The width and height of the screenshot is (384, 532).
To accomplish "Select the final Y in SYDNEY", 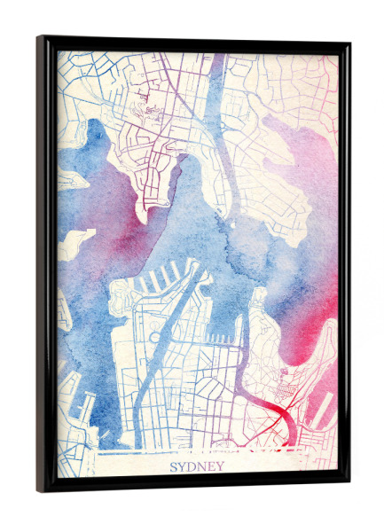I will [220, 465].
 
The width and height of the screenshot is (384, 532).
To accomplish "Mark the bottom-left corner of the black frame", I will [39, 490].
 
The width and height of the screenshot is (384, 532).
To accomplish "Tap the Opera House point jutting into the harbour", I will [256, 301].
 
